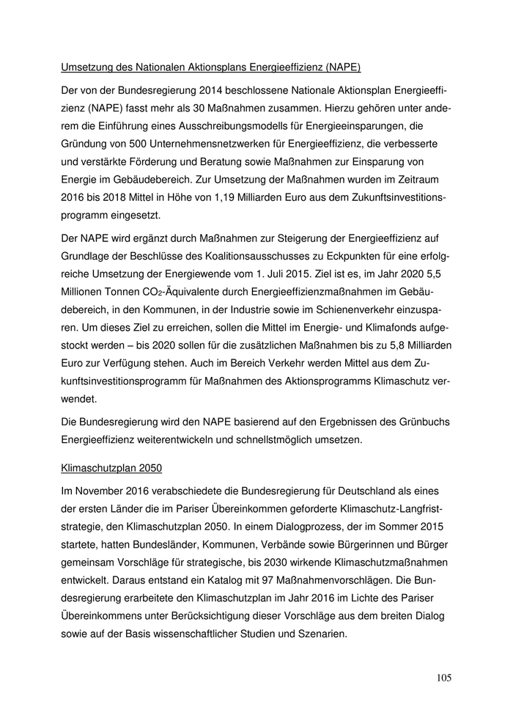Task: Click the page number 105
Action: click(443, 677)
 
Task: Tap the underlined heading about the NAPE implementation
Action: click(210, 68)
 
